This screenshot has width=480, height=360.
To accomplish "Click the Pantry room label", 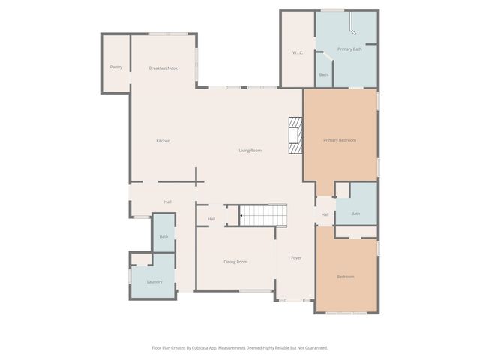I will click(x=115, y=67).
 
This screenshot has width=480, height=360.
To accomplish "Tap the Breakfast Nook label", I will click(x=163, y=68).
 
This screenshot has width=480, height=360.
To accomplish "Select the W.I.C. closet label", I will click(x=297, y=52).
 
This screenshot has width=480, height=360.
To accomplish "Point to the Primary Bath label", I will click(x=349, y=49).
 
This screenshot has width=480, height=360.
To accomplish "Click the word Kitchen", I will click(x=163, y=141).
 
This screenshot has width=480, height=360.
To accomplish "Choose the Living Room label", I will click(x=250, y=151).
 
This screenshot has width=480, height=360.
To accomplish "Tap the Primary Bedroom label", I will click(x=340, y=140).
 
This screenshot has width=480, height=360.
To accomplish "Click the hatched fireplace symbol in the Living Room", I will click(x=295, y=136).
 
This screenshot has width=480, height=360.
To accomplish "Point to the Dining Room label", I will click(x=235, y=262).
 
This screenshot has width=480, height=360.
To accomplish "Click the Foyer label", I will click(x=296, y=258).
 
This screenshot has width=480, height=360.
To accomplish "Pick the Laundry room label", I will click(x=154, y=282).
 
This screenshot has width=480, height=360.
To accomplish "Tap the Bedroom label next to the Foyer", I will click(x=345, y=277).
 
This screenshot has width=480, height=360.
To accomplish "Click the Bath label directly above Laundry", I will click(x=163, y=237).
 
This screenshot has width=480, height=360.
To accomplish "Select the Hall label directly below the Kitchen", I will click(x=168, y=202).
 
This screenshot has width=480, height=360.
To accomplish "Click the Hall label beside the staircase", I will click(x=211, y=219).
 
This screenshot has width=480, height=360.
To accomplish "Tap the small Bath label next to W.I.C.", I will click(x=323, y=74).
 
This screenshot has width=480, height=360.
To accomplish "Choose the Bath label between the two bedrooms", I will click(x=355, y=214).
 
